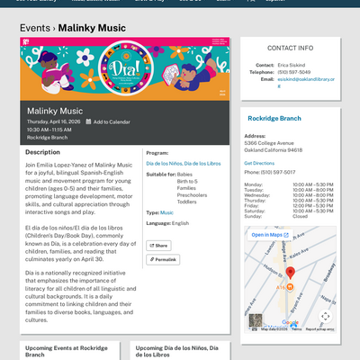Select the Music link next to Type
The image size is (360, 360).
click(x=166, y=212)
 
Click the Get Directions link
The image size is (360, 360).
click(x=259, y=163)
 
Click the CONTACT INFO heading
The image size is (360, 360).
click(x=290, y=47)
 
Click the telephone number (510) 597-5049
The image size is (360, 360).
click(x=294, y=72)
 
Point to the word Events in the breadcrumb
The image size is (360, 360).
click(x=35, y=28)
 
